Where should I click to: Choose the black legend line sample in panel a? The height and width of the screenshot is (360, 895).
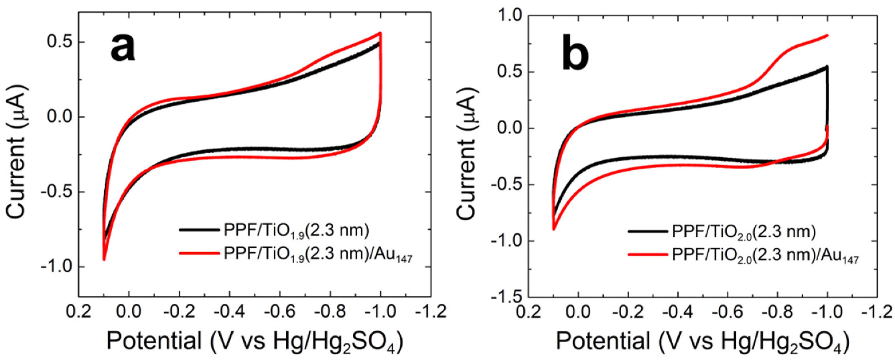199,230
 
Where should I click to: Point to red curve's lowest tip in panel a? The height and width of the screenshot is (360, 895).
104,259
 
